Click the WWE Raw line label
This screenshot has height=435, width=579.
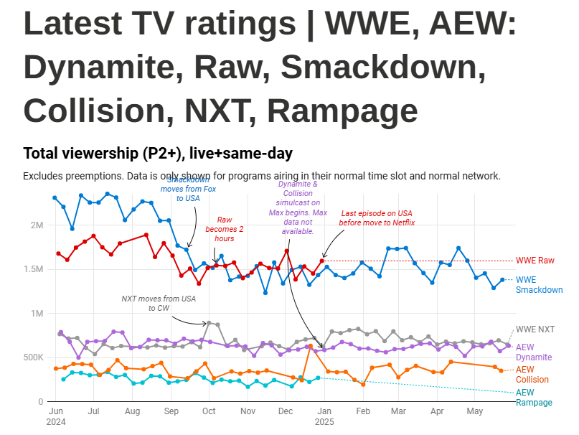pyautogui.click(x=535, y=261)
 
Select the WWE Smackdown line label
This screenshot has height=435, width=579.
pyautogui.click(x=539, y=285)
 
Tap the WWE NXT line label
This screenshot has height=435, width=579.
pyautogui.click(x=535, y=329)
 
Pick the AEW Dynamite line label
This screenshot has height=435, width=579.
pyautogui.click(x=535, y=352)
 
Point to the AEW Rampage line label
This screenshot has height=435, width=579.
pyautogui.click(x=534, y=398)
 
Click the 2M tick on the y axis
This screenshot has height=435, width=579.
pyautogui.click(x=37, y=225)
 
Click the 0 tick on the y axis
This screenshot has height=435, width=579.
pyautogui.click(x=41, y=402)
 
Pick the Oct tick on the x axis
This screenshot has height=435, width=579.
pyautogui.click(x=209, y=412)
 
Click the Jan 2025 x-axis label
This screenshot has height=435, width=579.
pyautogui.click(x=324, y=417)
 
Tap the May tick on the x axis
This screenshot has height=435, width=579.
pyautogui.click(x=474, y=412)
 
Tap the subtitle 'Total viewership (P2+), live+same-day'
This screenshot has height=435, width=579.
pyautogui.click(x=158, y=154)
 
